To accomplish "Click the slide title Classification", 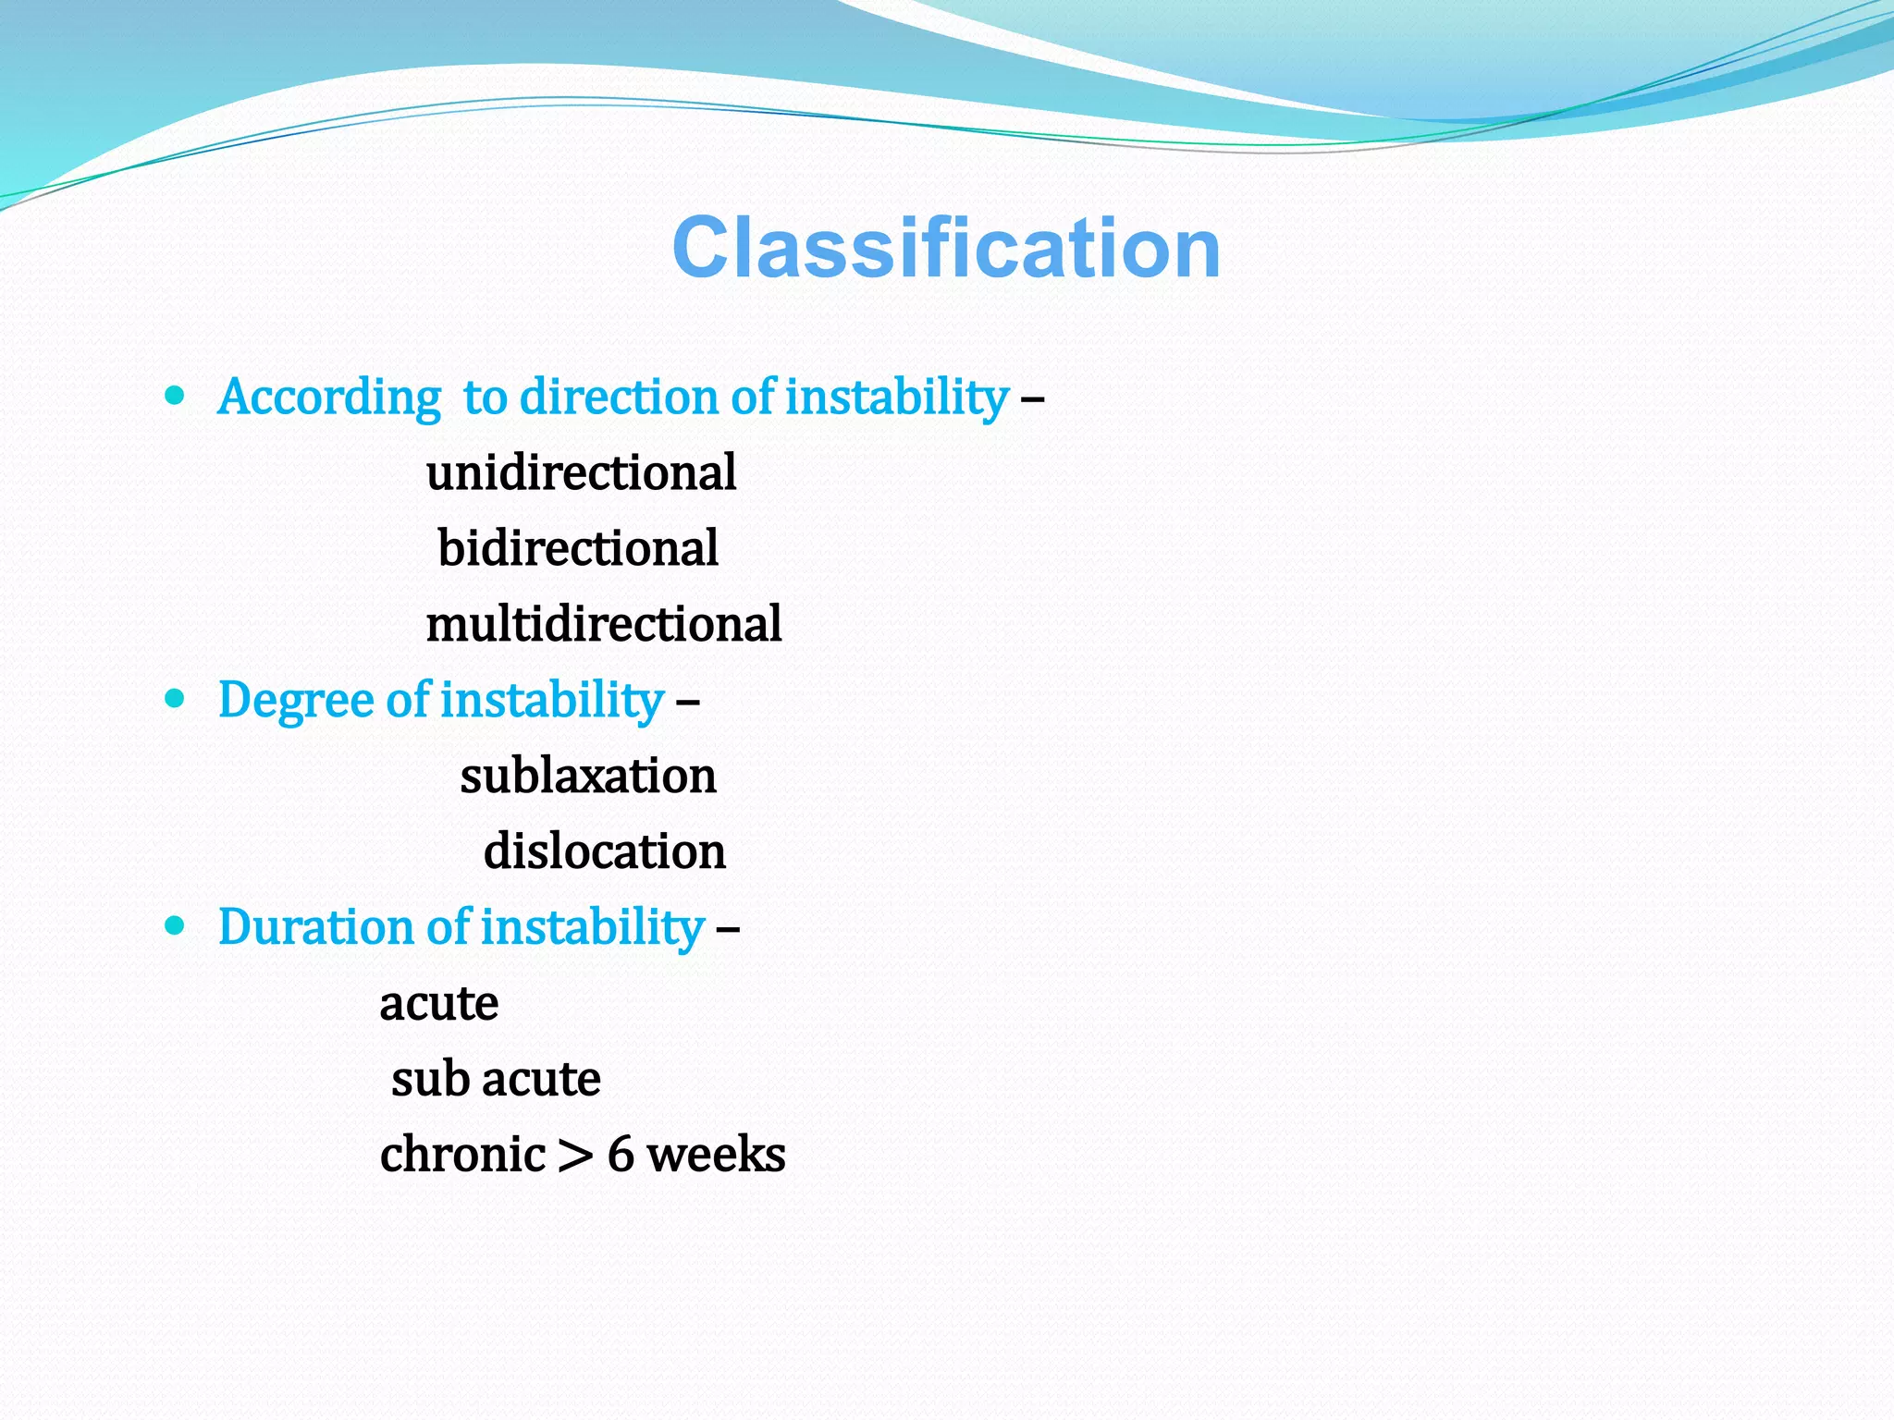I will click(946, 248).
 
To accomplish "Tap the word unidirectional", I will click(581, 472).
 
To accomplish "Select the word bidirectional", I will click(578, 548).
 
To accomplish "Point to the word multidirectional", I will click(603, 624).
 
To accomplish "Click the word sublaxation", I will click(588, 776).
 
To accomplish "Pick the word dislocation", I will click(604, 851).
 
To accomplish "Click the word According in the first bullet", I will click(329, 398).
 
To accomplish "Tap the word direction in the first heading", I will click(620, 397).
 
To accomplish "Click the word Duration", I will click(315, 927).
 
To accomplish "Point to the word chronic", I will click(462, 1155).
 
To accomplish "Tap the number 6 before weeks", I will click(621, 1155).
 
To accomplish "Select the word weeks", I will click(716, 1155).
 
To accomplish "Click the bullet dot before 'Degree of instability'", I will click(174, 698).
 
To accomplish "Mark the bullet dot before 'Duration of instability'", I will click(174, 925).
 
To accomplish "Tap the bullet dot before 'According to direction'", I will click(174, 396).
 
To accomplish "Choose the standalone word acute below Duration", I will click(438, 1004).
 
